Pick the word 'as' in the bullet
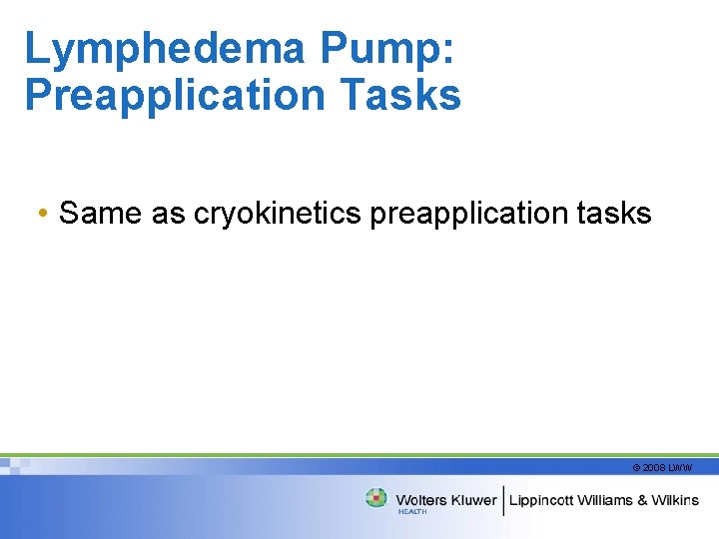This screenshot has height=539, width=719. pyautogui.click(x=169, y=213)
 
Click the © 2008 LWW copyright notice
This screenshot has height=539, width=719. pyautogui.click(x=661, y=467)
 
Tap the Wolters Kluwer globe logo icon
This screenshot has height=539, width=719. pyautogui.click(x=376, y=498)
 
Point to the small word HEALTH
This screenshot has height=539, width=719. pyautogui.click(x=411, y=512)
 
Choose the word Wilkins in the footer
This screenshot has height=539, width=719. pyautogui.click(x=676, y=499)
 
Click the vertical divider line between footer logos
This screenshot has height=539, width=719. pyautogui.click(x=504, y=499)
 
